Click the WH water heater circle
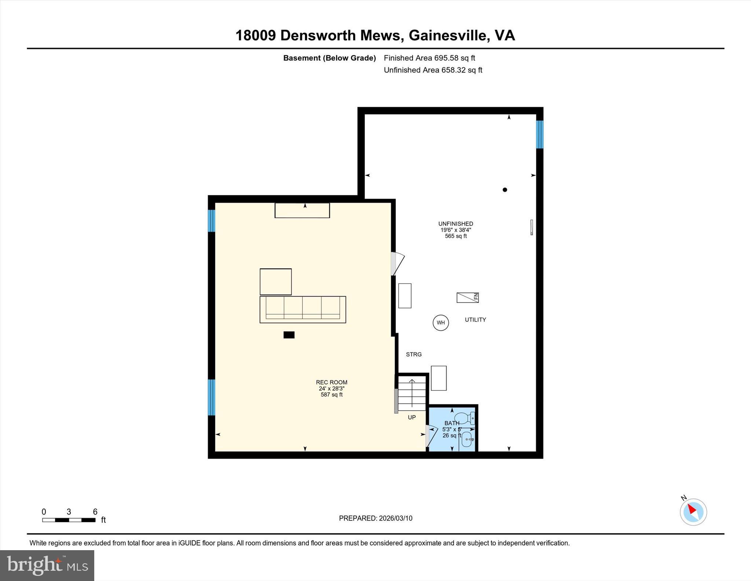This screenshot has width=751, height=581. pyautogui.click(x=440, y=323)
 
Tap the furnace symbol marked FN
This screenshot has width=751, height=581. pyautogui.click(x=467, y=297)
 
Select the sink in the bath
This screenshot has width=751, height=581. pyautogui.click(x=466, y=439)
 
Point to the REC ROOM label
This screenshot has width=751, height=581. pyautogui.click(x=331, y=382)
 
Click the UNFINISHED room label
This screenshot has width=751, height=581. pyautogui.click(x=455, y=224)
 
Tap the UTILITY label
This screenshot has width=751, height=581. pyautogui.click(x=475, y=320)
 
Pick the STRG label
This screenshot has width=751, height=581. pyautogui.click(x=414, y=354)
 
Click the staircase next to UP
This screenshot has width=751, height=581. pyautogui.click(x=412, y=395)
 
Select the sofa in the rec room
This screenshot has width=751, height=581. pyautogui.click(x=303, y=309)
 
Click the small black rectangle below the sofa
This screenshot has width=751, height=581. pyautogui.click(x=289, y=335)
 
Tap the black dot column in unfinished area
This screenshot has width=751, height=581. pyautogui.click(x=505, y=190)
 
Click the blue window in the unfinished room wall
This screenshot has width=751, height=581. pyautogui.click(x=539, y=134)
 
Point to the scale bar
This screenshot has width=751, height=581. pyautogui.click(x=69, y=520)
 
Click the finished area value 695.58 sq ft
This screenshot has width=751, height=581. pyautogui.click(x=454, y=58)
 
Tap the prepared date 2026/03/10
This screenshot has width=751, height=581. pyautogui.click(x=395, y=518)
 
